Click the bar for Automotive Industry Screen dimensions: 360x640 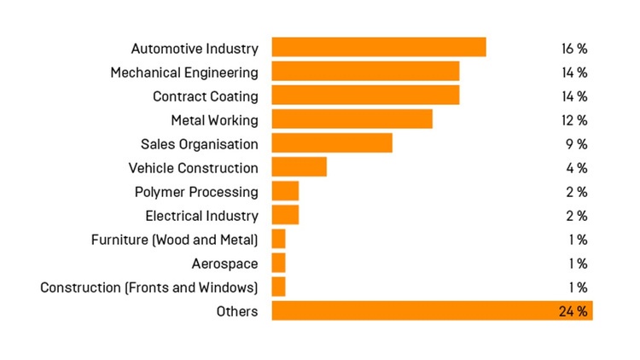[379, 47]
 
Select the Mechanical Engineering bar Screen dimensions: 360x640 [365, 72]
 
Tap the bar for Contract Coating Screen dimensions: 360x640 [365, 96]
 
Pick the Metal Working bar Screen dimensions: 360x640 [352, 119]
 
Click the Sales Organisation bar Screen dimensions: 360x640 [332, 143]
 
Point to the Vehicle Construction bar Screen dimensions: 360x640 [299, 167]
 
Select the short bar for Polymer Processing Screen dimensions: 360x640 [285, 191]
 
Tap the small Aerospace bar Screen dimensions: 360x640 [279, 263]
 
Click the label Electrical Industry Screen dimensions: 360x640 [201, 216]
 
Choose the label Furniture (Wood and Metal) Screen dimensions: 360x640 [174, 240]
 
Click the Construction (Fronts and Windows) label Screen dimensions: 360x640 [148, 287]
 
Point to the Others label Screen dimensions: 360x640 [236, 311]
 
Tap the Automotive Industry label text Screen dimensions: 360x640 [195, 49]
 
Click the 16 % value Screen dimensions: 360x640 [574, 49]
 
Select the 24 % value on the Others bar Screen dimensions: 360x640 [573, 311]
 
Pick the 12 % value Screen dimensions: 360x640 [574, 120]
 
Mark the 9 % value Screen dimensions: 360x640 [577, 144]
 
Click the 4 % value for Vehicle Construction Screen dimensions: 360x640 [577, 168]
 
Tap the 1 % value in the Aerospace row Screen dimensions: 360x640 [577, 264]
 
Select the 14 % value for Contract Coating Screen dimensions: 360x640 [574, 96]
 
